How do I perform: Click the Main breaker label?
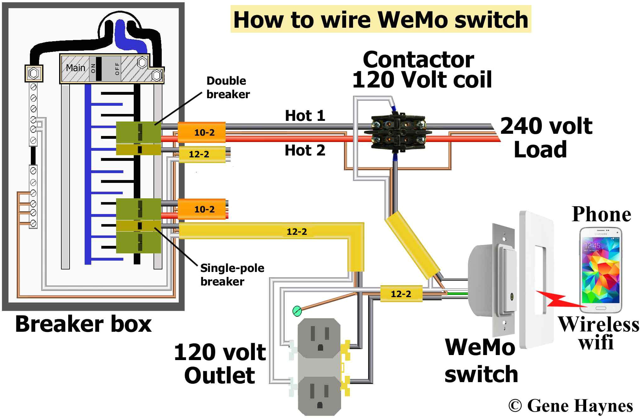click(76, 68)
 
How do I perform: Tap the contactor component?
click(398, 133)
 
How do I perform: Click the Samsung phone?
click(601, 270)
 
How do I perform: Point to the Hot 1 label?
click(305, 116)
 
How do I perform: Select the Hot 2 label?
click(305, 150)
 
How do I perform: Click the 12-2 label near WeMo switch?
click(401, 294)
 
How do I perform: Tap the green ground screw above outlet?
click(297, 311)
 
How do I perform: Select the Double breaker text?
click(228, 88)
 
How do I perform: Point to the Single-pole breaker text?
click(232, 275)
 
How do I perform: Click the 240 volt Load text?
click(546, 138)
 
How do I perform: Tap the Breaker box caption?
click(83, 324)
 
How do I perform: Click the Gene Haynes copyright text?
click(570, 406)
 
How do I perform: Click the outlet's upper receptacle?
click(320, 338)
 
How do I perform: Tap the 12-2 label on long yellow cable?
click(296, 232)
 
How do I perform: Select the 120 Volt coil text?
click(422, 80)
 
